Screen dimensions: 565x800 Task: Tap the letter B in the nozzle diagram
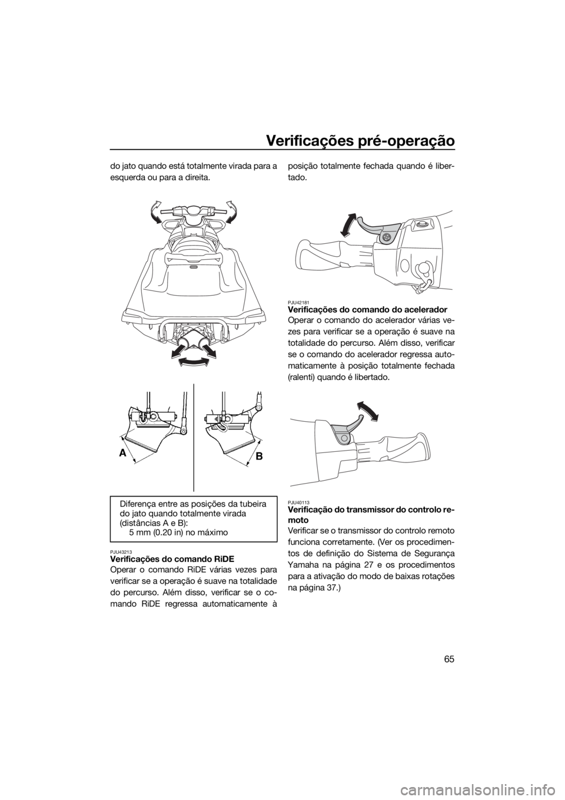(260, 456)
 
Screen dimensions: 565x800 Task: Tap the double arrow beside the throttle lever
(367, 411)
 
